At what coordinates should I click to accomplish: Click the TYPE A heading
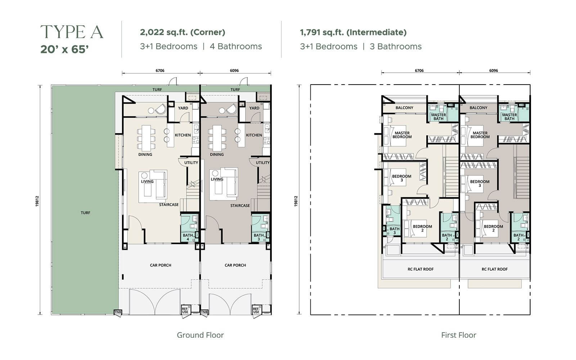click(x=72, y=32)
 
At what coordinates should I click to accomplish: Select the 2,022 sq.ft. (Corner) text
click(x=183, y=32)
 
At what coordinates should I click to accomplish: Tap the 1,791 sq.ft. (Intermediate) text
click(x=353, y=32)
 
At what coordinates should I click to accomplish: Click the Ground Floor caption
click(x=200, y=335)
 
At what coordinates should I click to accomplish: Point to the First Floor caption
click(x=459, y=335)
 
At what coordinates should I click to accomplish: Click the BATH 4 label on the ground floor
click(x=188, y=237)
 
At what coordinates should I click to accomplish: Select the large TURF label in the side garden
click(x=85, y=213)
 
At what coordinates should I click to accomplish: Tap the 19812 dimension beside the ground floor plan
click(x=37, y=201)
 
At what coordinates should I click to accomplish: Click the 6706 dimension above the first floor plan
click(x=419, y=71)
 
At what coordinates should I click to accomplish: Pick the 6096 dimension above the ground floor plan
click(x=234, y=71)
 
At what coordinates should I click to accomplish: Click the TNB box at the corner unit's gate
click(x=118, y=312)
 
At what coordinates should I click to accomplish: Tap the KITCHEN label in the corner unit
click(x=183, y=135)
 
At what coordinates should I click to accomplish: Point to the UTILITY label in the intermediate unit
click(x=262, y=162)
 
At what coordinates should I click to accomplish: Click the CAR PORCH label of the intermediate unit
click(x=235, y=265)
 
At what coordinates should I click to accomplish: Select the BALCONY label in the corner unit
click(x=404, y=108)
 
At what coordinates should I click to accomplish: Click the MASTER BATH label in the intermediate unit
click(x=509, y=117)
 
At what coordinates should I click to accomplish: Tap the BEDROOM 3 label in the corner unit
click(x=402, y=178)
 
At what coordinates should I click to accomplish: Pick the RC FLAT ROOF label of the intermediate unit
click(x=495, y=269)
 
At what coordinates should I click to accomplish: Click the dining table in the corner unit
click(x=146, y=138)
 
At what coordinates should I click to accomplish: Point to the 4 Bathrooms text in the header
click(x=236, y=46)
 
